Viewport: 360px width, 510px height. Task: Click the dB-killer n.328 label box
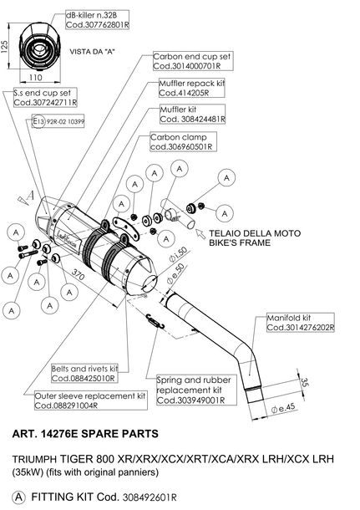[x=97, y=20]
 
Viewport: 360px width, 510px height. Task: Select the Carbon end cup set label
[x=193, y=61]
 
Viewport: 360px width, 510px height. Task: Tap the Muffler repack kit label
[x=192, y=88]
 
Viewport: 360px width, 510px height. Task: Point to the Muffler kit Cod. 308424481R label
[x=192, y=115]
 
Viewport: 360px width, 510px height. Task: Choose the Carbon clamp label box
[x=183, y=142]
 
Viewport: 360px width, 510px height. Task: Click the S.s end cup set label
[x=45, y=98]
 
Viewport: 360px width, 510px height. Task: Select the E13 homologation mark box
[x=58, y=121]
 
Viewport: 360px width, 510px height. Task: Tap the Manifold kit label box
[x=300, y=323]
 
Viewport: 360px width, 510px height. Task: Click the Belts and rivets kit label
[x=84, y=374]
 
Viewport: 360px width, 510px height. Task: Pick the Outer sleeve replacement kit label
[x=91, y=400]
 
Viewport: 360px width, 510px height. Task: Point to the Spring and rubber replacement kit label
[x=196, y=390]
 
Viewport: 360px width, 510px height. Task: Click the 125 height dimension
[x=4, y=47]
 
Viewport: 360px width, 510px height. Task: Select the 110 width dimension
[x=35, y=78]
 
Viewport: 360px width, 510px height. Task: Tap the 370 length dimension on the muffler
[x=78, y=275]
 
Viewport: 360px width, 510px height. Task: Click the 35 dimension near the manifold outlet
[x=304, y=382]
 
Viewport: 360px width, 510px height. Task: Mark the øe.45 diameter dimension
[x=283, y=408]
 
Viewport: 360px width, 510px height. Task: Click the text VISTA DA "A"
[x=92, y=52]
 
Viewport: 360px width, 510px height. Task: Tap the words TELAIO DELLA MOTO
[x=255, y=233]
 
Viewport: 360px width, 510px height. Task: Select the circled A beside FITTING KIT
[x=18, y=497]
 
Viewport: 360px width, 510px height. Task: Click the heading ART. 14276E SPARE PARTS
[x=85, y=434]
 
